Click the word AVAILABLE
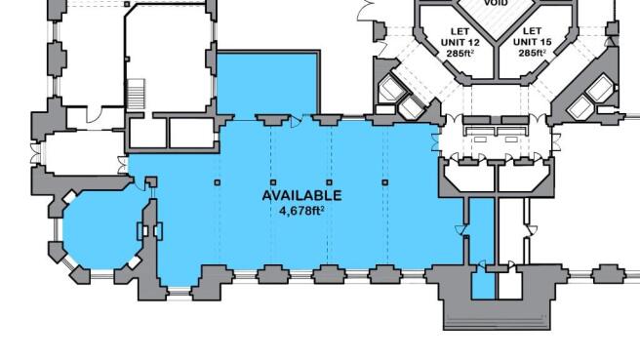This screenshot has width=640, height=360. pyautogui.click(x=301, y=195)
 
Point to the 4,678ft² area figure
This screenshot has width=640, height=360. pyautogui.click(x=301, y=208)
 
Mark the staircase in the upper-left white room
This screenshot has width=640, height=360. pyautogui.click(x=138, y=94)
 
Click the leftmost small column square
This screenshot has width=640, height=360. pyautogui.click(x=217, y=182)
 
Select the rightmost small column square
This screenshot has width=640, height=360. pyautogui.click(x=385, y=182)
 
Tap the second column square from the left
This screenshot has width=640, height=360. pyautogui.click(x=273, y=182)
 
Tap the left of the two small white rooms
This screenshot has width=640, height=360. pyautogui.click(x=147, y=131)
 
